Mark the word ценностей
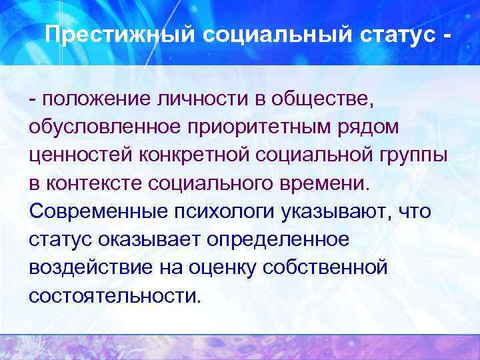click(79, 155)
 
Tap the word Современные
click(97, 211)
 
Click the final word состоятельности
click(114, 295)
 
